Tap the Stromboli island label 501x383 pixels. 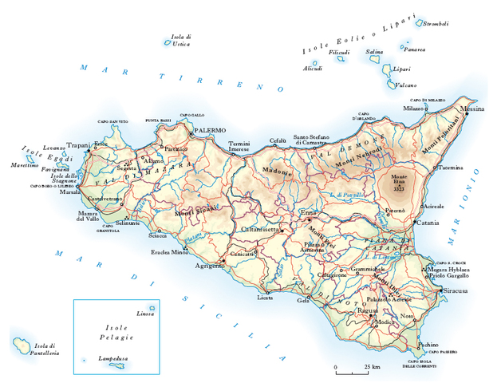pos(435,24)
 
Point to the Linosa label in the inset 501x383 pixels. pos(145,313)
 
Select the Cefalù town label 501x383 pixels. pos(277,140)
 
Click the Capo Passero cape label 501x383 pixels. pos(444,351)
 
